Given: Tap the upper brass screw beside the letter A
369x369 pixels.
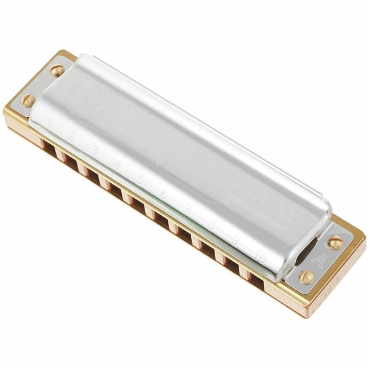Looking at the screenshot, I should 335,242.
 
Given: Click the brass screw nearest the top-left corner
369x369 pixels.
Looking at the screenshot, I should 57,69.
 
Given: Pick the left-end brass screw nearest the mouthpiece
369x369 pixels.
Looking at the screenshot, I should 28,100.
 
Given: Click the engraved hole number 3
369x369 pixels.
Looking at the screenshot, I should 94,149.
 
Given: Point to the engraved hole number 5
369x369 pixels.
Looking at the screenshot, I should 140,179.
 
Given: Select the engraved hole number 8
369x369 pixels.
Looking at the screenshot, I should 210,226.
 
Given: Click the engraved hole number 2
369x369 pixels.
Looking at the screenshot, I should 71,136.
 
